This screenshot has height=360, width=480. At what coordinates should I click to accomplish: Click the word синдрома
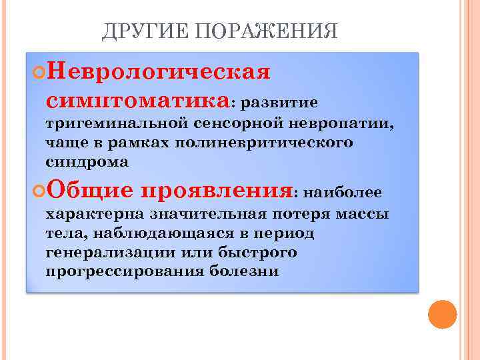click(87, 162)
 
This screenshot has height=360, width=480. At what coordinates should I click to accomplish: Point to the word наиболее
click(342, 193)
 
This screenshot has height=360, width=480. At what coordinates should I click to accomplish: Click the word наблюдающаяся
click(159, 233)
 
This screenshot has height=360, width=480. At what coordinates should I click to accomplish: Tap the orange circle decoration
click(442, 315)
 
